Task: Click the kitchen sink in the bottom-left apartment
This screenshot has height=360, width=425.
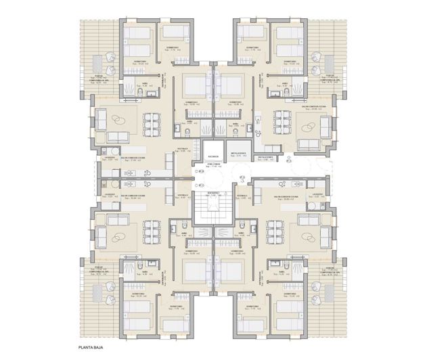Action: [132, 183]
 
